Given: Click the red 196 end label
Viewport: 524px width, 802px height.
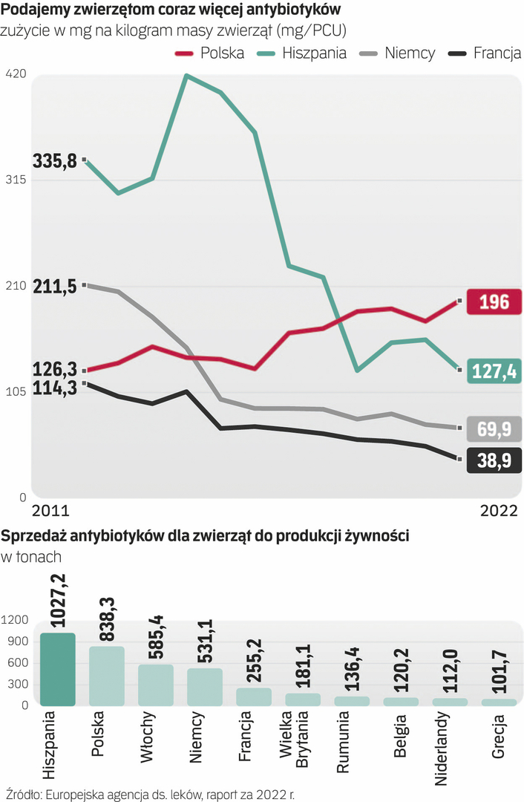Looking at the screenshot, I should point(494,302).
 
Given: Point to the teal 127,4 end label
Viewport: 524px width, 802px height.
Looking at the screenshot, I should point(494,371).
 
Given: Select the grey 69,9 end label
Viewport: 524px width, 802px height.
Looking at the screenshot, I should point(494,428).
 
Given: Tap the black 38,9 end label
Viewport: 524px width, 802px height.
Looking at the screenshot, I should point(494,461).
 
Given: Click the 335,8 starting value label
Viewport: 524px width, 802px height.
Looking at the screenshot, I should point(56,160).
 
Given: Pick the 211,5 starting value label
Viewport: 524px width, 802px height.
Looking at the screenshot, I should point(56,286).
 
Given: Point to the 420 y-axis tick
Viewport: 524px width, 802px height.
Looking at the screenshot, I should point(16,74).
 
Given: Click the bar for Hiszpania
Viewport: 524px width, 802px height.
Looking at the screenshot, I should point(58,669).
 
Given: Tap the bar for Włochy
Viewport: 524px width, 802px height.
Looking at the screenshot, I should point(156,685).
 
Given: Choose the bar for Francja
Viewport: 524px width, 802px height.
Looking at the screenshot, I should point(254,697).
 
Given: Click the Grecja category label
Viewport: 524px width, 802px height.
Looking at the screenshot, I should point(499,736).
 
